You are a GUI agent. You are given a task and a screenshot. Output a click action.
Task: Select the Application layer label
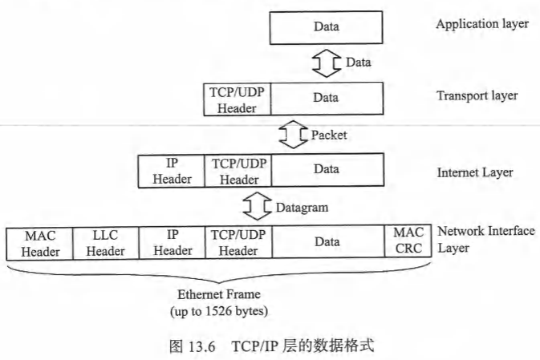tap(482, 23)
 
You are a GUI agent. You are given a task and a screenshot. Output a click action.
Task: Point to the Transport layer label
tap(477, 96)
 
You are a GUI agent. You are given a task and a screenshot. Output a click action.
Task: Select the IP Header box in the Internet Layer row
tap(173, 171)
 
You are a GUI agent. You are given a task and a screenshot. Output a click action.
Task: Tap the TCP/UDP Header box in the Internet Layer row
tap(238, 171)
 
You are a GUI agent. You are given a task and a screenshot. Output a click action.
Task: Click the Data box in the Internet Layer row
tap(326, 170)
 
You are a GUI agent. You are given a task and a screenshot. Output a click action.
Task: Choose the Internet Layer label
tap(475, 172)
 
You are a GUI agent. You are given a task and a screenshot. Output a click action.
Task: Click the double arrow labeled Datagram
tap(258, 207)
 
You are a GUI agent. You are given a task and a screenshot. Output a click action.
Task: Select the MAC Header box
tap(39, 243)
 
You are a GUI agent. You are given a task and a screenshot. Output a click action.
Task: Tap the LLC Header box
tap(106, 243)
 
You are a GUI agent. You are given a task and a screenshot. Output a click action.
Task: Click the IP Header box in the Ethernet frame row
tap(173, 243)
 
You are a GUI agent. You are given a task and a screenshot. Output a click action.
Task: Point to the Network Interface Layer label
tap(485, 239)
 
